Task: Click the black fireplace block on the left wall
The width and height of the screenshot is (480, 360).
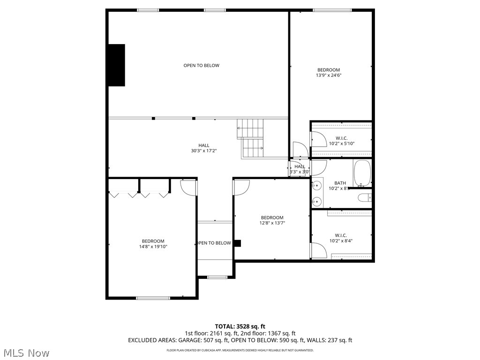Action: click(117, 65)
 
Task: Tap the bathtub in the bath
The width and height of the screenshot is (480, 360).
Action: click(362, 173)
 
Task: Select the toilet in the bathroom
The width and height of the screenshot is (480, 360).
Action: click(365, 198)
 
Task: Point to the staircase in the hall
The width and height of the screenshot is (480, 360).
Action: click(252, 138)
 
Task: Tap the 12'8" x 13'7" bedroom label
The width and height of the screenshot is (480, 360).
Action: click(272, 220)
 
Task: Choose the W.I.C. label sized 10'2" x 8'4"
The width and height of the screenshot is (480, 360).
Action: click(341, 238)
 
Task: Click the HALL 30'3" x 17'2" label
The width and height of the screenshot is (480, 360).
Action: click(203, 148)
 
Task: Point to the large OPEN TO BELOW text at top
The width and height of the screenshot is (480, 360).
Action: click(201, 66)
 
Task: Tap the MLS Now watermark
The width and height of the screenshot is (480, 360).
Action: click(26, 352)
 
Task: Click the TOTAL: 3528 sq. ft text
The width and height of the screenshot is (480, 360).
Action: click(240, 326)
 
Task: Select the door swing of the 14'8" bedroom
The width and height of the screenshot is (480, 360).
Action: click(188, 187)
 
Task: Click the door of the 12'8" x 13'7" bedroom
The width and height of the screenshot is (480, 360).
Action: click(241, 187)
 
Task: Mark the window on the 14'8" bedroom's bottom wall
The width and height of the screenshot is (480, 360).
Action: click(153, 298)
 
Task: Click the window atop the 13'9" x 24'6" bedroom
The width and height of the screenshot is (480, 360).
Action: click(332, 10)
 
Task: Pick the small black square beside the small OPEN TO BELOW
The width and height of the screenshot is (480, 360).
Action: click(237, 243)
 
